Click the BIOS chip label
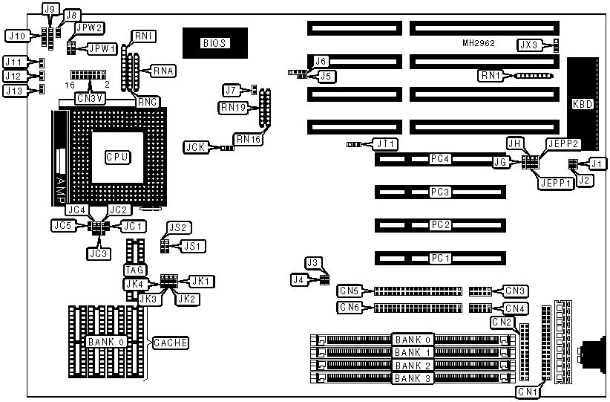214,43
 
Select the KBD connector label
583,105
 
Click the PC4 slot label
441,159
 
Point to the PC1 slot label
441,258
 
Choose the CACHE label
170,343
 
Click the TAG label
134,270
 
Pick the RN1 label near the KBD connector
491,75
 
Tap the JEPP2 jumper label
562,143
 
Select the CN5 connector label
351,291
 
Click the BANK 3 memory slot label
412,378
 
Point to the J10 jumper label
16,35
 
